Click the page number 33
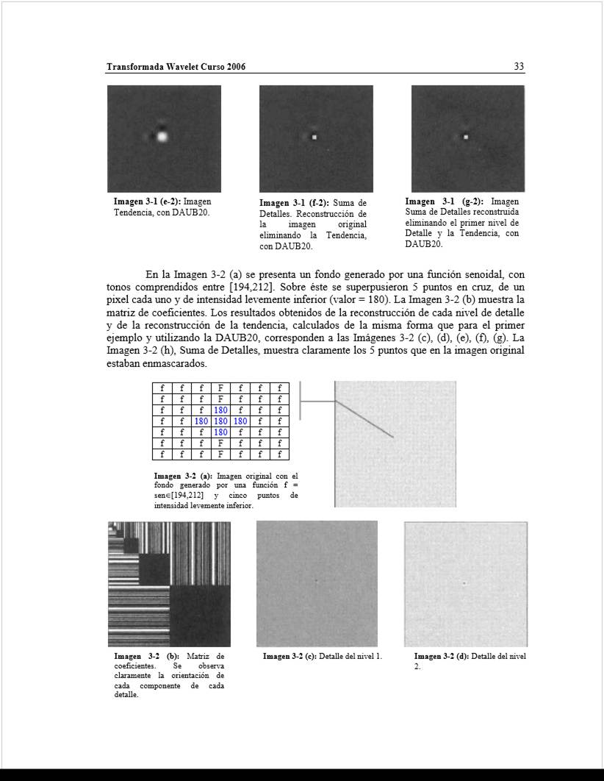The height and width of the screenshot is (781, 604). tap(519, 67)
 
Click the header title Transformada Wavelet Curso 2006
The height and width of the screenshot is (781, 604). tap(176, 67)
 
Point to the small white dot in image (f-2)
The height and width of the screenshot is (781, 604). tap(314, 137)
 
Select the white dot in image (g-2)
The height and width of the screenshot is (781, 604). tap(466, 136)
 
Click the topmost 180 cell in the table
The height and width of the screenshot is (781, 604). tap(220, 410)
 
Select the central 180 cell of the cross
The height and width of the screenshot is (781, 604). tap(220, 421)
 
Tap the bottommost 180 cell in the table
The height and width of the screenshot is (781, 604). tap(220, 432)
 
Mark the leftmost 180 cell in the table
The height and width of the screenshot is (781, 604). tap(201, 421)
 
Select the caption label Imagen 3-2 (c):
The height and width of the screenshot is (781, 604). tap(291, 656)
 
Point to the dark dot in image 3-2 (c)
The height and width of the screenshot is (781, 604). tap(317, 581)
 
